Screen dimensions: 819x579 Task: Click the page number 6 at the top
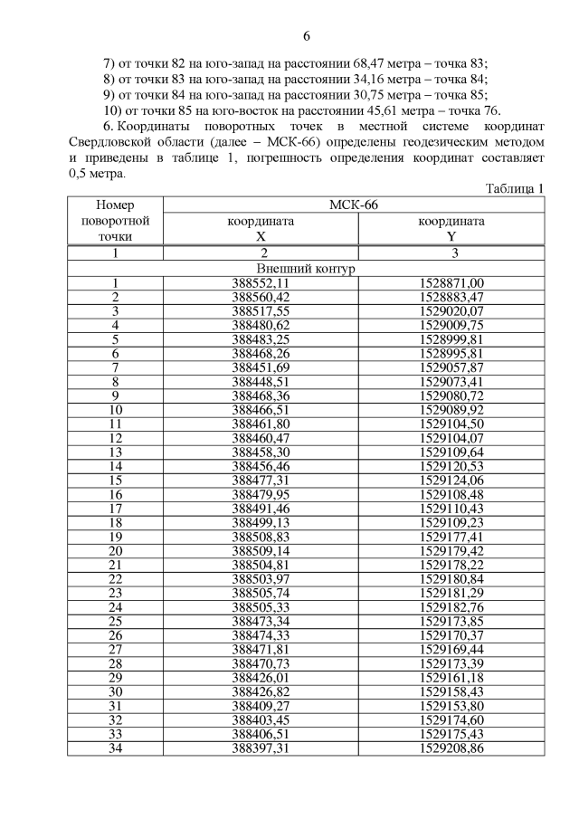pos(307,36)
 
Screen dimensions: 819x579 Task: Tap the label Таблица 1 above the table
pos(515,189)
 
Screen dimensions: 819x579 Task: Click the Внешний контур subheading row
pos(307,269)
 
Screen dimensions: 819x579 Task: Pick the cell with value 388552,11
pos(261,283)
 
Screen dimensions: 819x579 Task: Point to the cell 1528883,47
pos(452,297)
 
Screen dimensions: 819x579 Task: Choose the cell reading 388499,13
pos(261,522)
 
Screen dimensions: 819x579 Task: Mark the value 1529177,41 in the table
pos(452,536)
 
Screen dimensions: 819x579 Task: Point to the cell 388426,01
pos(261,677)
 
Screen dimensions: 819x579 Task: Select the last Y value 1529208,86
pos(452,748)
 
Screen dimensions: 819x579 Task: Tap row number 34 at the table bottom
pos(115,748)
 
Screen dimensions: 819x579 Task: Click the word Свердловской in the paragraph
pos(117,142)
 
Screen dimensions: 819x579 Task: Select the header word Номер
pos(115,205)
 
